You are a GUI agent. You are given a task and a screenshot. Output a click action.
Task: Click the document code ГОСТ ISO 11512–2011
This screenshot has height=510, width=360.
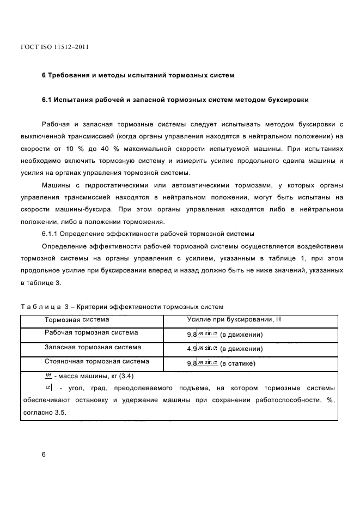54,47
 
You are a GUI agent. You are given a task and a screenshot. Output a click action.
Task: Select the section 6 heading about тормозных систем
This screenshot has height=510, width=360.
138,75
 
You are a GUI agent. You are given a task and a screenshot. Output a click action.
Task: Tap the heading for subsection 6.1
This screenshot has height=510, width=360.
175,100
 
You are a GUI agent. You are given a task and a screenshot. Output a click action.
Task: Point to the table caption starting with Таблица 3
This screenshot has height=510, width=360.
121,307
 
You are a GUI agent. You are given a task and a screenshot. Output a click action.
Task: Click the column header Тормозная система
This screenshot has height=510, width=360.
76,319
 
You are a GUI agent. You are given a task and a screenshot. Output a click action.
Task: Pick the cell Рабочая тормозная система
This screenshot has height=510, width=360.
91,333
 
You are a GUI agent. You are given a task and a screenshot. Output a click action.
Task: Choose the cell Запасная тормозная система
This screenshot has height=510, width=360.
93,348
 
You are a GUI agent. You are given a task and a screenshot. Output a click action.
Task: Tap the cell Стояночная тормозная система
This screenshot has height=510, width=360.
96,362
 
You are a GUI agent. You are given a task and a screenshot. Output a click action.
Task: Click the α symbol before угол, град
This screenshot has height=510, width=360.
48,388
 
